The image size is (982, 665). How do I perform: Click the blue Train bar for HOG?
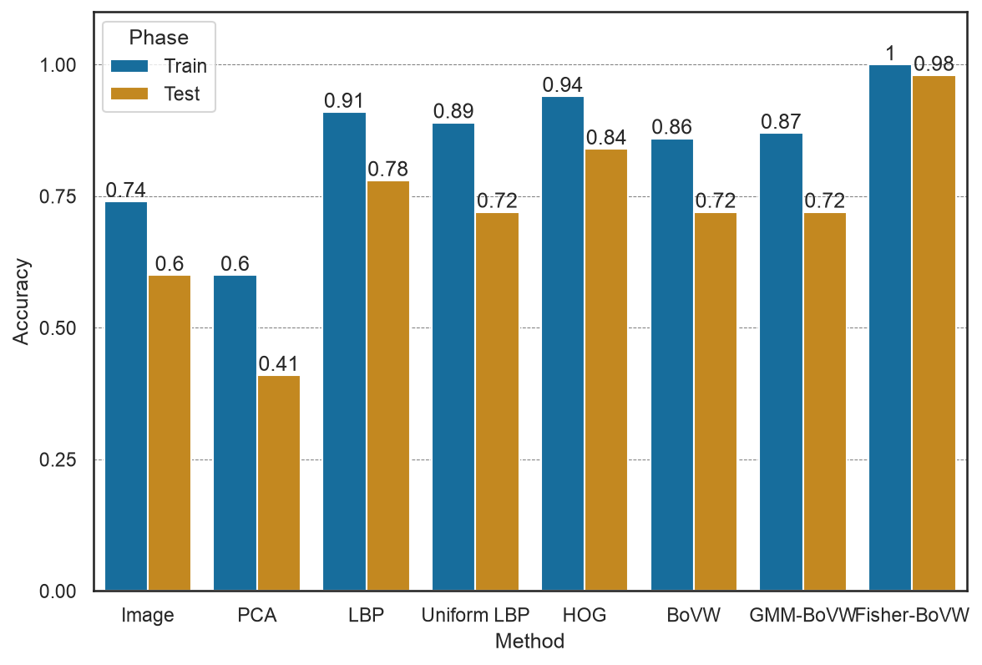coord(563,343)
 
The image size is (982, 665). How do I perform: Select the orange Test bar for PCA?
coord(279,483)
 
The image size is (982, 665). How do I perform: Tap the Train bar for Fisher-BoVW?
coord(890,327)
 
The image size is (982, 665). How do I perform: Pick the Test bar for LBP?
coord(388,386)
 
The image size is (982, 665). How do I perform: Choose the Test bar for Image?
coord(170,433)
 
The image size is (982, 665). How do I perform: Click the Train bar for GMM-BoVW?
coord(781,362)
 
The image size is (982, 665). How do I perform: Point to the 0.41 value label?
coord(279,363)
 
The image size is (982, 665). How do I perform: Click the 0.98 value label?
coord(934,63)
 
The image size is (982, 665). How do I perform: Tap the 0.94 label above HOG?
coord(563,84)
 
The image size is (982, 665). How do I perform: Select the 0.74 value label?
coord(126,190)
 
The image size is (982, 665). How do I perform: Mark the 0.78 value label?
coord(387,170)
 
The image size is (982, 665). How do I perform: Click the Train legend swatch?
coord(129,66)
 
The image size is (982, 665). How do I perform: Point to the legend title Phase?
coord(159,38)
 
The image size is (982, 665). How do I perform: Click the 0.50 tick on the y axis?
coord(58,328)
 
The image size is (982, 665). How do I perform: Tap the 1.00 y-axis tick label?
coord(58,65)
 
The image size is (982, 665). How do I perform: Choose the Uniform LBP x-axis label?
coord(475,615)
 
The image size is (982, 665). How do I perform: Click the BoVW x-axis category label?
coord(693,615)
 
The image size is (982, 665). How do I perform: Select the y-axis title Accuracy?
coord(21,302)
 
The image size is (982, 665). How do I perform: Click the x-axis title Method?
coord(529,641)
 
